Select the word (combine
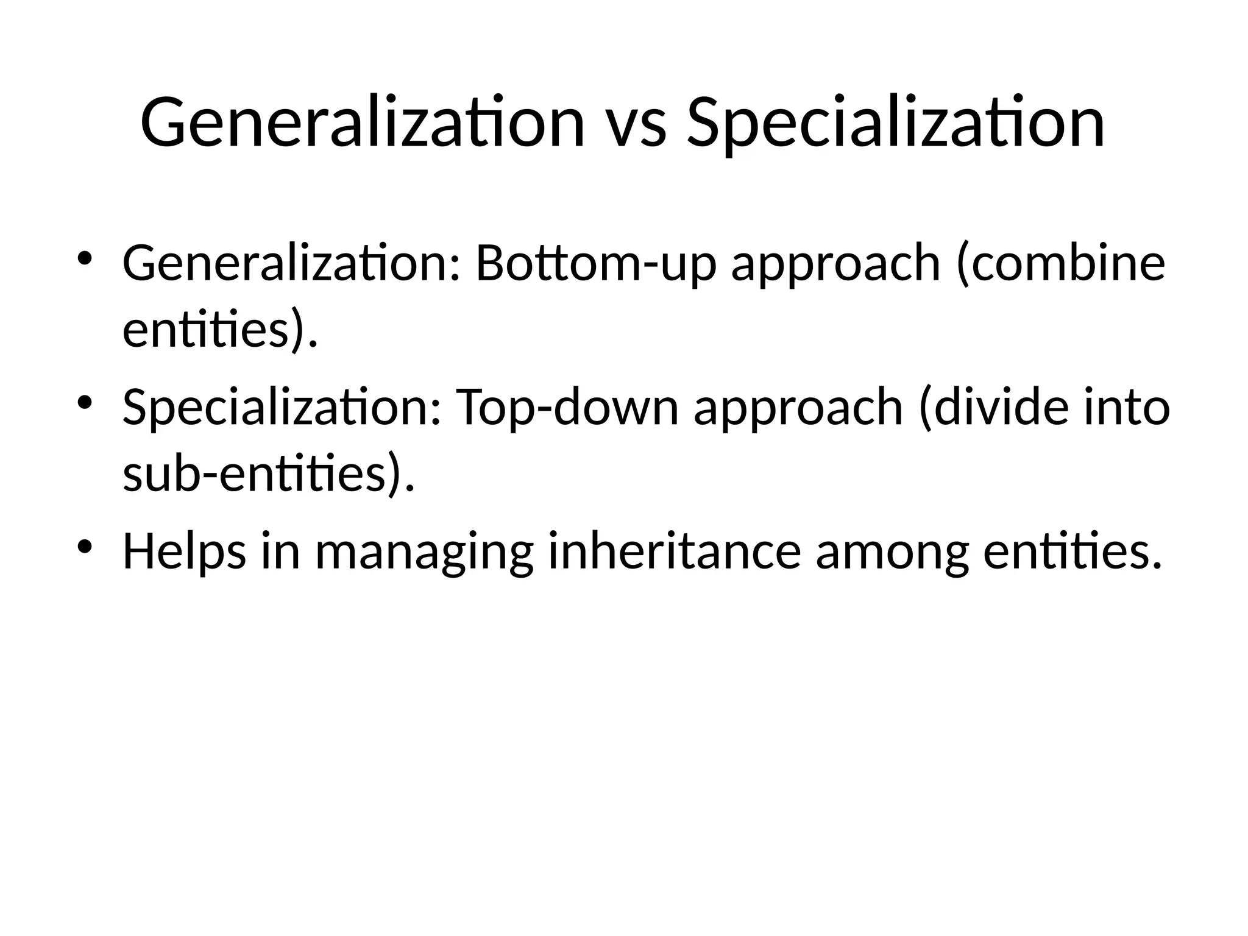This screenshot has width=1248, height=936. [1060, 263]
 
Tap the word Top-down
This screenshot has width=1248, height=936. [567, 407]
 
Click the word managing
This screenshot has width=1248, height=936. [424, 551]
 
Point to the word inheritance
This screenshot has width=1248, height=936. [675, 551]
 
